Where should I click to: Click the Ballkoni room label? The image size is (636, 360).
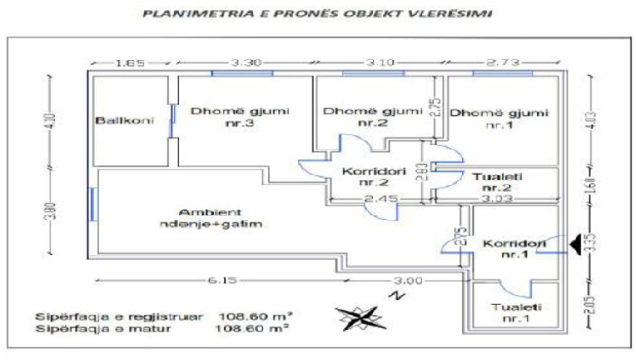[124, 121]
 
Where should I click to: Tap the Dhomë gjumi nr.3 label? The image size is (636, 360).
[240, 117]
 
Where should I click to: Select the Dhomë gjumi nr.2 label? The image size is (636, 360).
[373, 117]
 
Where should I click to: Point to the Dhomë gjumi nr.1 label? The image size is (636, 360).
[498, 118]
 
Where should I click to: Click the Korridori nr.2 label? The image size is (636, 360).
[373, 177]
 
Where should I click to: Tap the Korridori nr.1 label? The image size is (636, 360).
[514, 248]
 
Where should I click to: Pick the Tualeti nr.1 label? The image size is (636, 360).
[516, 313]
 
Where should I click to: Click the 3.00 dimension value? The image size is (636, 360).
[407, 281]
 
